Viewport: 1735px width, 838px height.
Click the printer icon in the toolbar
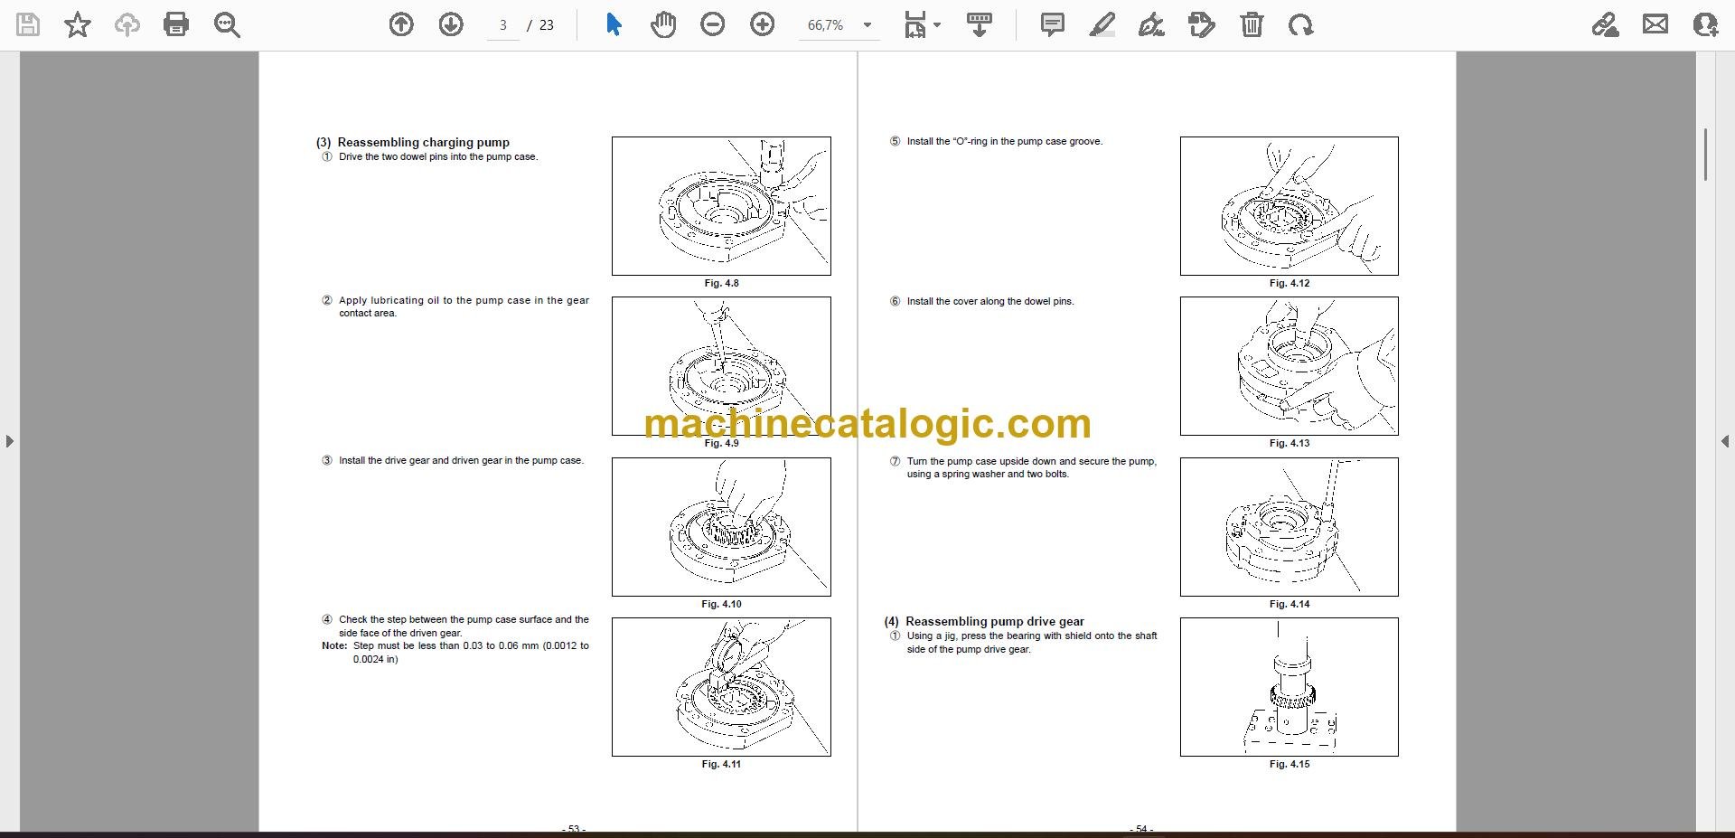pos(176,24)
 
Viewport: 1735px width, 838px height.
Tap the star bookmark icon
pos(78,24)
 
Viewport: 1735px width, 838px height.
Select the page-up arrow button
pos(401,24)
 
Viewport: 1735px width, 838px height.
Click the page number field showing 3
pos(503,25)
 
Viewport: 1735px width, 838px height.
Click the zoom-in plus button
pos(763,24)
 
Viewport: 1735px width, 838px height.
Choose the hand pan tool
pos(663,24)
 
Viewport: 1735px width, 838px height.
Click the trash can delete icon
pos(1252,24)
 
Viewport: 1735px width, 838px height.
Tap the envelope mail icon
pos(1655,24)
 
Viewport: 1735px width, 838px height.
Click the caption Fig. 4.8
pos(721,284)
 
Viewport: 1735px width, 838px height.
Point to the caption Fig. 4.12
pos(1290,284)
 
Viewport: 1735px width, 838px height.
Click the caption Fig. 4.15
pos(1290,765)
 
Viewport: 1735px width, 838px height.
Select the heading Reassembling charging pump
pos(424,142)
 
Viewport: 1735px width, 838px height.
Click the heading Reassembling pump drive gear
pos(995,621)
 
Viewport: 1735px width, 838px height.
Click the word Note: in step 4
pos(334,646)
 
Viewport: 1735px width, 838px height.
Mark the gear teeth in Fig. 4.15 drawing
pos(1292,697)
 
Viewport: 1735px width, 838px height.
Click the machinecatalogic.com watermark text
pos(867,423)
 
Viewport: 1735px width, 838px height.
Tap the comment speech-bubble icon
pos(1052,24)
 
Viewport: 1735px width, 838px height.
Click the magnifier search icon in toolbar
pos(227,24)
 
